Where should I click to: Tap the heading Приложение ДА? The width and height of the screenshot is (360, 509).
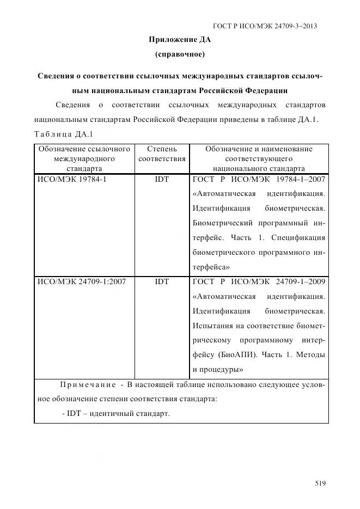tap(180, 40)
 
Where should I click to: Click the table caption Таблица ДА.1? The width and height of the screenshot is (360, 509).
tap(63, 134)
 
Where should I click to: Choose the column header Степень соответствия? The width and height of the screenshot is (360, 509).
tap(162, 154)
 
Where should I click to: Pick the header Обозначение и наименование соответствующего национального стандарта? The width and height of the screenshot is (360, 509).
tap(259, 158)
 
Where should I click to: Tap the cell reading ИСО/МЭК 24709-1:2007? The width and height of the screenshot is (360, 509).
tap(81, 281)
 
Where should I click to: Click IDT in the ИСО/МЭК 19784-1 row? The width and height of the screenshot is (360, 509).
tap(162, 179)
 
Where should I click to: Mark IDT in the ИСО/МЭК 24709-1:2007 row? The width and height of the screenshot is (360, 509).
tap(162, 281)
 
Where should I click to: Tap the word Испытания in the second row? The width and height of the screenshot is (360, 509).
tap(212, 326)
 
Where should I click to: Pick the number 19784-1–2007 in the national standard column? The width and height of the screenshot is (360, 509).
tap(302, 179)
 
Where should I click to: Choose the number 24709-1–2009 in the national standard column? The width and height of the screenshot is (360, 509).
tap(302, 281)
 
